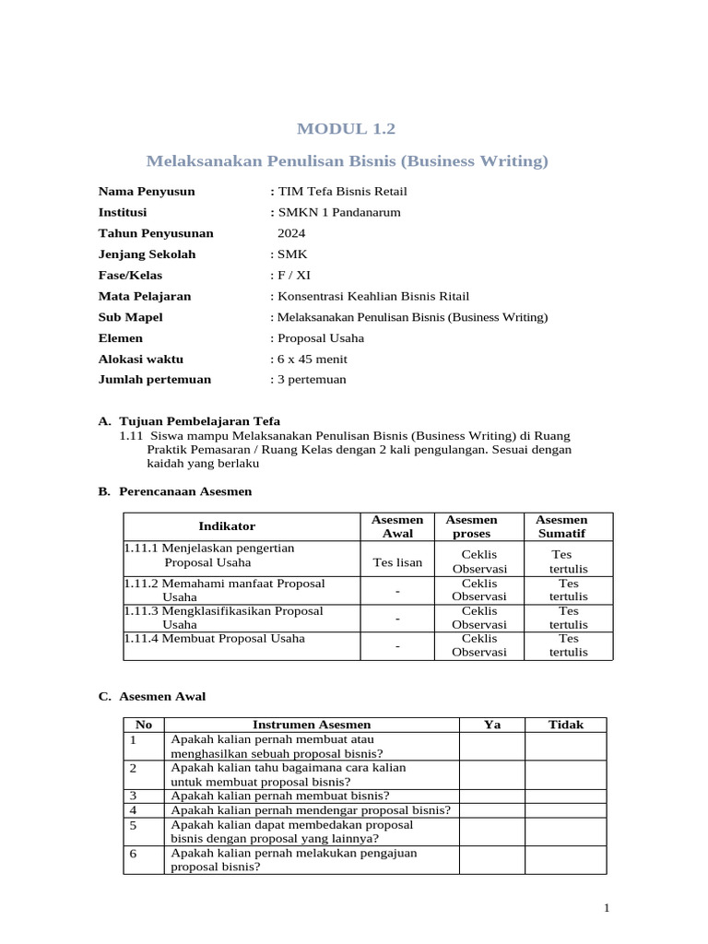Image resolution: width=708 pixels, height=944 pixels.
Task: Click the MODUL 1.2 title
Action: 348,128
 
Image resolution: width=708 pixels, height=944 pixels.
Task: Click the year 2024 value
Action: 291,233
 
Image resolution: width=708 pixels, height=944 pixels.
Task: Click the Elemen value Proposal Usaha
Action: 316,337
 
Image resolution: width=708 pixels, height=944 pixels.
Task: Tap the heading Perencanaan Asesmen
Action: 184,491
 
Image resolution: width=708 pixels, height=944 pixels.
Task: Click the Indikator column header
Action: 227,526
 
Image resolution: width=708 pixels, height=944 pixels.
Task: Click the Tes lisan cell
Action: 397,562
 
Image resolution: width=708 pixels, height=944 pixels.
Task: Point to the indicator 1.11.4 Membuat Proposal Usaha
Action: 233,638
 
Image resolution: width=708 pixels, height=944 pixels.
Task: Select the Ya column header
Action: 492,725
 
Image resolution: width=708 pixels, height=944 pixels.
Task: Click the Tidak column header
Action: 566,725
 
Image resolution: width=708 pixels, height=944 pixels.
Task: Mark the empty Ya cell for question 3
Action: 492,796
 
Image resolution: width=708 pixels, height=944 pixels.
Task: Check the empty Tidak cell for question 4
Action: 566,810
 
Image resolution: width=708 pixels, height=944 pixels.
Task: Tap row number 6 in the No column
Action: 134,854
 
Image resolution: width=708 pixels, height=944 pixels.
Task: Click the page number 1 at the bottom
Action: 607,909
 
